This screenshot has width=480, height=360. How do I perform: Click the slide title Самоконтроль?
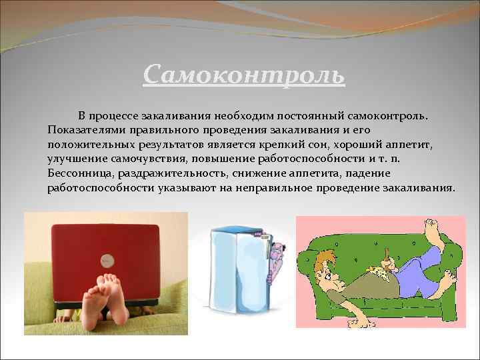(x=244, y=74)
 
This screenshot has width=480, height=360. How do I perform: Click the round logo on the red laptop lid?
(x=106, y=259)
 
